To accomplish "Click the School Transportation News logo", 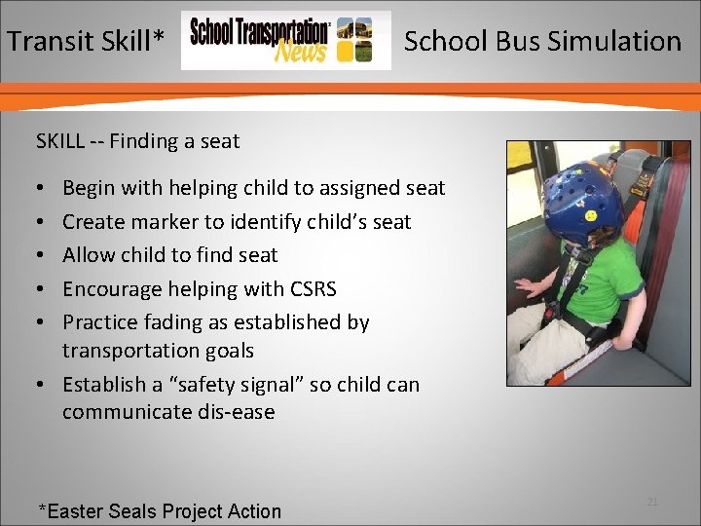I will point(285,41).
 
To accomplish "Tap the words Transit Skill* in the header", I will point(86,41).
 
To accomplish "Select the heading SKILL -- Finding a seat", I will point(137,141).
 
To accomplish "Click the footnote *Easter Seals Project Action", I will point(159,511).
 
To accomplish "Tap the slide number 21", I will point(652,502).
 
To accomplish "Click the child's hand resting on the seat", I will point(529,288).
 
